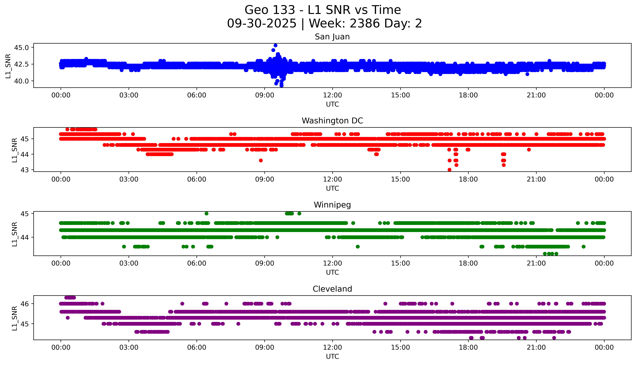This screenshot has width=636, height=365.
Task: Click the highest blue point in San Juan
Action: click(275, 45)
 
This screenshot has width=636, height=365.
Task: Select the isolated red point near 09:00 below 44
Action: click(261, 160)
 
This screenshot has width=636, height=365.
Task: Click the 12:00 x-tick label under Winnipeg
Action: click(332, 263)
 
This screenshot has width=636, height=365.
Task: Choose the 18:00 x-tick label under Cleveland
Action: click(468, 347)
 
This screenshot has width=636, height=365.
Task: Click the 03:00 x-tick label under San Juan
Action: click(129, 95)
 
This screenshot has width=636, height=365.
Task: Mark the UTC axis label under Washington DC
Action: click(332, 188)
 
